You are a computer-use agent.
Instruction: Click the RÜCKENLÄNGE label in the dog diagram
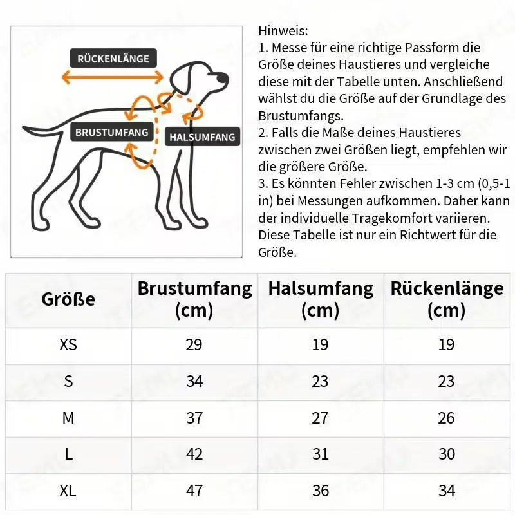(x=113, y=59)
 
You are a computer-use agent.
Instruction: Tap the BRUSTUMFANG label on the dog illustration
(x=112, y=133)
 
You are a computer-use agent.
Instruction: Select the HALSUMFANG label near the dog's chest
(x=202, y=137)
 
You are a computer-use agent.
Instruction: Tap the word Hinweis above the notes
(x=283, y=31)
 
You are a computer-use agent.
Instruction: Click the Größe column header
(x=68, y=299)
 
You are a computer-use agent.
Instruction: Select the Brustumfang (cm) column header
(x=194, y=299)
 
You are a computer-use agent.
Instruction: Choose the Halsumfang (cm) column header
(x=321, y=299)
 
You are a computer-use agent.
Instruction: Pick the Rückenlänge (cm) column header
(x=447, y=299)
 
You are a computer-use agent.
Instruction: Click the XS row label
(x=68, y=344)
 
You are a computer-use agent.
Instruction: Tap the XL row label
(x=68, y=491)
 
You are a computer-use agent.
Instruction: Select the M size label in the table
(x=68, y=418)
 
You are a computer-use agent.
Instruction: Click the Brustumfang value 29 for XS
(x=194, y=344)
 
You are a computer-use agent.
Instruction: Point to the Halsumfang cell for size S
(x=321, y=381)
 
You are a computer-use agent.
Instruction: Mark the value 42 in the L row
(x=194, y=454)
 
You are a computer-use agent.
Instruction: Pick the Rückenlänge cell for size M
(x=447, y=418)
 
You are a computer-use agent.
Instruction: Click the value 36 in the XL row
(x=321, y=491)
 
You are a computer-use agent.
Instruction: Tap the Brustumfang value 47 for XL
(x=194, y=491)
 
